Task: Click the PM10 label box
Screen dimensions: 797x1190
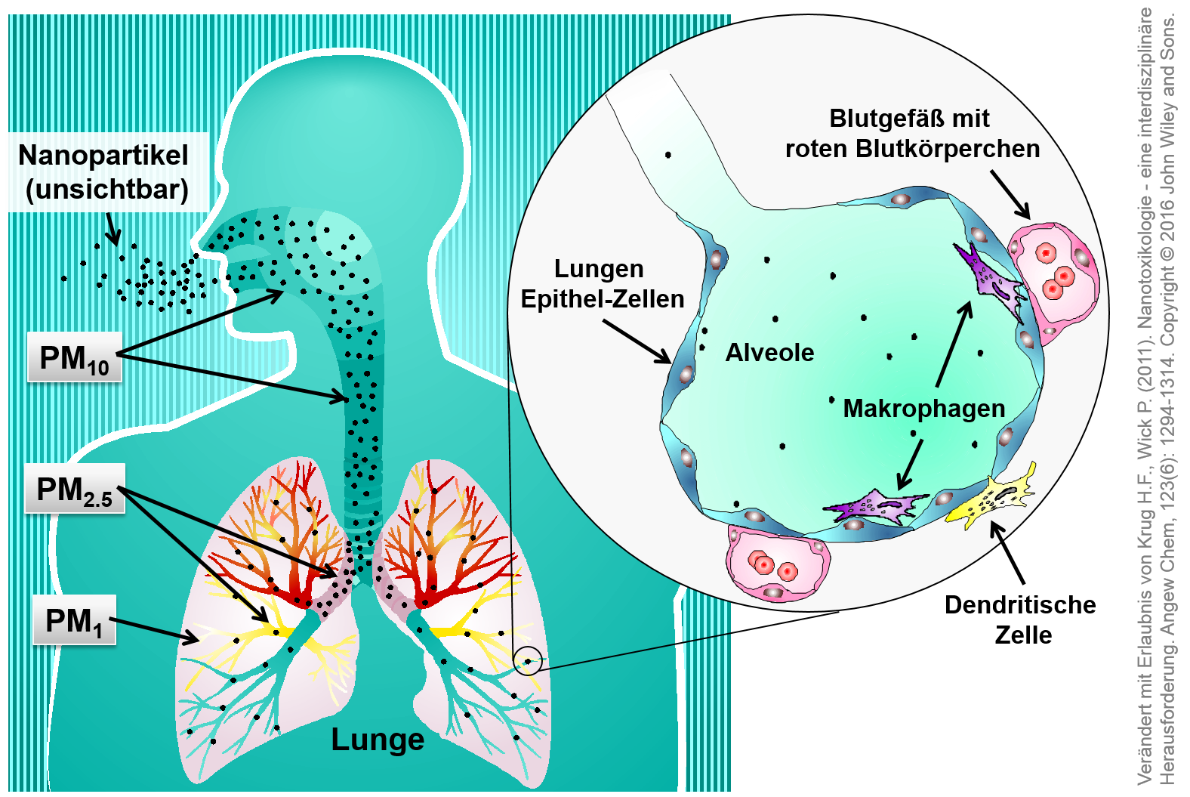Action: [74, 357]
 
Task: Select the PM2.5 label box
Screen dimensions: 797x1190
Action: [74, 489]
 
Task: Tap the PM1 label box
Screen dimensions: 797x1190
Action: [74, 620]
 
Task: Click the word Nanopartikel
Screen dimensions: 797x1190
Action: [103, 155]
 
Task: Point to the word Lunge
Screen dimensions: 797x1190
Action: [378, 739]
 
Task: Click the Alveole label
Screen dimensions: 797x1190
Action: [769, 353]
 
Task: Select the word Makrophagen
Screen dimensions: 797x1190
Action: [923, 409]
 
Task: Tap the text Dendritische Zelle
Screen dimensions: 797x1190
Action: [1020, 619]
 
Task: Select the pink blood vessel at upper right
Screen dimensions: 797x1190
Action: [1054, 276]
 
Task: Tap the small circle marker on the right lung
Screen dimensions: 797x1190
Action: [528, 661]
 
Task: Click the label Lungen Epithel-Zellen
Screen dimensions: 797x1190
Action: [602, 284]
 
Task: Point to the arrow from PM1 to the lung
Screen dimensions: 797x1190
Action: [155, 631]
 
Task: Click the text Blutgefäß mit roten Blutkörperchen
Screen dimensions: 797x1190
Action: [912, 134]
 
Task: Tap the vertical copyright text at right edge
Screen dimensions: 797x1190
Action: [1156, 398]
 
